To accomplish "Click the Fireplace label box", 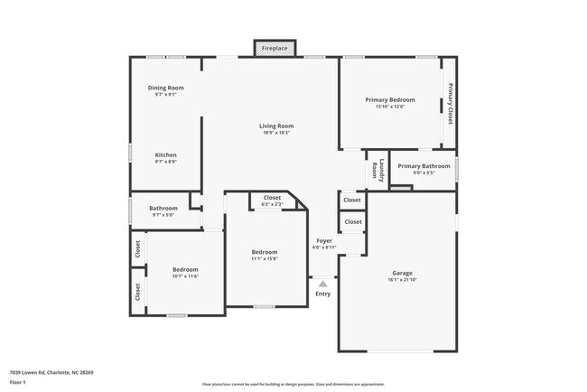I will click(x=275, y=48).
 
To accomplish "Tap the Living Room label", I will click(x=276, y=126).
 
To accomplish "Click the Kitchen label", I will click(x=165, y=154).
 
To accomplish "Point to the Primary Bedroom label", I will click(x=390, y=99).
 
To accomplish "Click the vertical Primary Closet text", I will click(x=449, y=103).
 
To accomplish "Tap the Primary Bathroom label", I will click(x=424, y=166).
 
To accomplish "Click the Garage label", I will click(x=402, y=273).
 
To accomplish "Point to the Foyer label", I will click(x=324, y=240).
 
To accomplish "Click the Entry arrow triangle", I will click(x=323, y=284).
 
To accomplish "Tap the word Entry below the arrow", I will click(x=323, y=294).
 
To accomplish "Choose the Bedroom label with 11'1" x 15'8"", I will click(x=265, y=252).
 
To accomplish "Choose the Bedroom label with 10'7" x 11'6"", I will click(x=185, y=270).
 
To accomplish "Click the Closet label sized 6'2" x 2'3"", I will click(x=272, y=198).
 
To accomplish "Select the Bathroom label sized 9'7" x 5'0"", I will click(x=163, y=209).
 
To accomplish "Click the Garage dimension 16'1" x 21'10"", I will click(x=402, y=280).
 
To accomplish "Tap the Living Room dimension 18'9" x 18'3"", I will click(x=276, y=133).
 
